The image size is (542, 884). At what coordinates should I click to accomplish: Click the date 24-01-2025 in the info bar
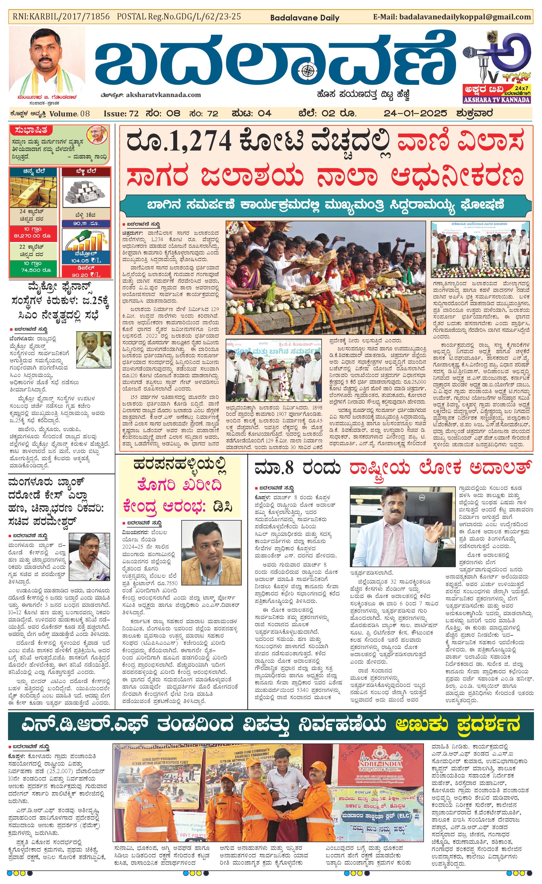pos(415,114)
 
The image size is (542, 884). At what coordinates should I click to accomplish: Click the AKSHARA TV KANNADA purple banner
pos(497,100)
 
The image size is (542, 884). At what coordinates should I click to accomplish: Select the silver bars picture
pos(86,192)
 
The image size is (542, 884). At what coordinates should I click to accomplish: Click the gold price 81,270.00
pos(32,236)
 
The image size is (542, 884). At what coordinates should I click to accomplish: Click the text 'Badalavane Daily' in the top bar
pos(304,17)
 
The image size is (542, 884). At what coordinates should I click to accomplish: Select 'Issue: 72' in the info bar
pos(121,114)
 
